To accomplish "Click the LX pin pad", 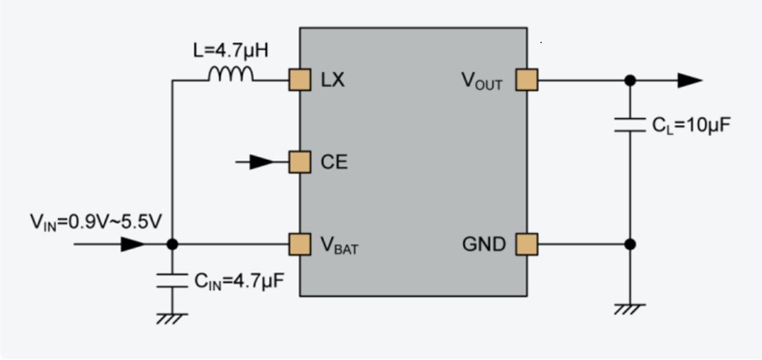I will (x=300, y=80).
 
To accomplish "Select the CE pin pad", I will (x=300, y=161).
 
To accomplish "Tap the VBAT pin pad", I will (x=300, y=243).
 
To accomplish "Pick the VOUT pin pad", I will (x=526, y=80).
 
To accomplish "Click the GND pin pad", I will (x=526, y=243).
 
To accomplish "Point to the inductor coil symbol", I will (x=231, y=74).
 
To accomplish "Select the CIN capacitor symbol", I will (x=172, y=280).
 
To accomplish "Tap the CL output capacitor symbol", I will (x=630, y=125).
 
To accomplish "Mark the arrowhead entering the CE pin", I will (x=262, y=161).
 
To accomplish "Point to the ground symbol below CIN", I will (x=172, y=317).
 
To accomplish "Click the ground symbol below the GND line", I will (x=630, y=308).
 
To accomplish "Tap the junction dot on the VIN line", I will (x=172, y=243).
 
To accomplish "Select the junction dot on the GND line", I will (x=630, y=243).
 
